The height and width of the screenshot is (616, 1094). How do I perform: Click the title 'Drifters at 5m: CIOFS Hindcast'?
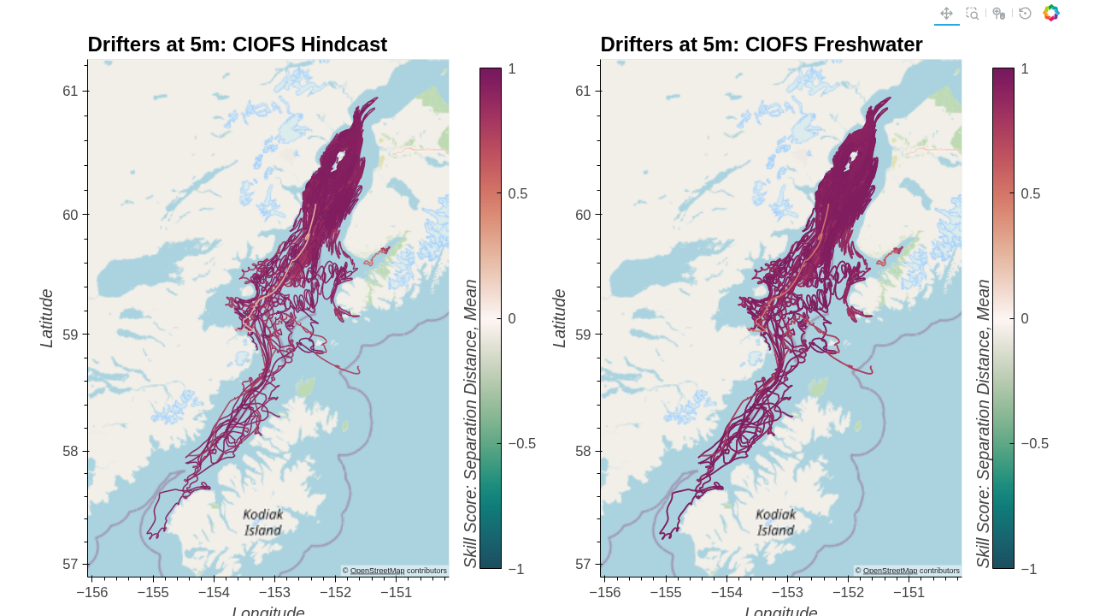point(238,44)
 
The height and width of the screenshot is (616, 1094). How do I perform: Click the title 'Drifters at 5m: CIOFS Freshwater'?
point(761,44)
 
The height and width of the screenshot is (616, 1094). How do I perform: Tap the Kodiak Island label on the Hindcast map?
point(263,522)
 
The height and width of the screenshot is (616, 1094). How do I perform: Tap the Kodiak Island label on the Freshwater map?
point(776,522)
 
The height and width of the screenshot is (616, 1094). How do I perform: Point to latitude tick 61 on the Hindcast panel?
point(70,91)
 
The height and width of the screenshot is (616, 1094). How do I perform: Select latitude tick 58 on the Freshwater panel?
point(583,451)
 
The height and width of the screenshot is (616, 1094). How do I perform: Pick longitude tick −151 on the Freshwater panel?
point(909,592)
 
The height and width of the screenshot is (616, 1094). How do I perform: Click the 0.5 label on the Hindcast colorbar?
point(518,193)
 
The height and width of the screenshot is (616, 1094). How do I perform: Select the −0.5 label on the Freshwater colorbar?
point(1034,443)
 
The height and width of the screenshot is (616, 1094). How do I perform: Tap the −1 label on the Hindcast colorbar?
point(515,569)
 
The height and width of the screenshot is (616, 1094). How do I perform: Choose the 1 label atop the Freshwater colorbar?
point(1025,69)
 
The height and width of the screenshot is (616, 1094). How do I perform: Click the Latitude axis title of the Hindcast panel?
point(47,318)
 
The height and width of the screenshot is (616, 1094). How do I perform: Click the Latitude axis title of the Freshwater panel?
point(560,318)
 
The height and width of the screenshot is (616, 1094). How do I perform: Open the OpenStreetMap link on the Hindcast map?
point(377,571)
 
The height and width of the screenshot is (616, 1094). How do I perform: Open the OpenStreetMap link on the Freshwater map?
point(890,571)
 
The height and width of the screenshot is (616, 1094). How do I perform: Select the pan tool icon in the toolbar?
point(946,13)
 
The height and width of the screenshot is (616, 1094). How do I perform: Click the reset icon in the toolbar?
point(1025,13)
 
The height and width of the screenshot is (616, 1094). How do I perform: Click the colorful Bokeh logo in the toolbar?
point(1051,13)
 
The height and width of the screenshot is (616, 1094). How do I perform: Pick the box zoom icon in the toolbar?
point(972,13)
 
